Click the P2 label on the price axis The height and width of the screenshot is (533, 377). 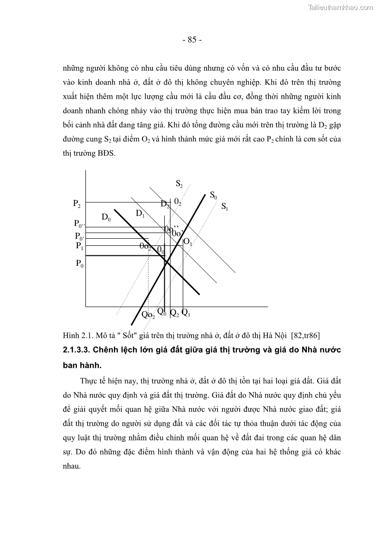click(x=76, y=203)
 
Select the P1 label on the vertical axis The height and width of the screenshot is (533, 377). click(x=79, y=246)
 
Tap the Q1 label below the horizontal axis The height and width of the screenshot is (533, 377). click(x=186, y=313)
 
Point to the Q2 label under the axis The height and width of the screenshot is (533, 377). click(x=174, y=313)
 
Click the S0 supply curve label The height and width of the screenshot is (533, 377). click(x=213, y=195)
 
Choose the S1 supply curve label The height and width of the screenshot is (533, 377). click(x=225, y=206)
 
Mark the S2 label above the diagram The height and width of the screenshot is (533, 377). click(x=179, y=184)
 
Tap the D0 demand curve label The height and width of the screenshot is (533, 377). click(x=106, y=217)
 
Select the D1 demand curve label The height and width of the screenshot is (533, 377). click(x=140, y=214)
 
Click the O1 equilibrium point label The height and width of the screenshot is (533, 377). click(x=188, y=242)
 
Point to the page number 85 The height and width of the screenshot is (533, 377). click(x=192, y=40)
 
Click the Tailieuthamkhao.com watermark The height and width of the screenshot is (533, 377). click(x=341, y=7)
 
